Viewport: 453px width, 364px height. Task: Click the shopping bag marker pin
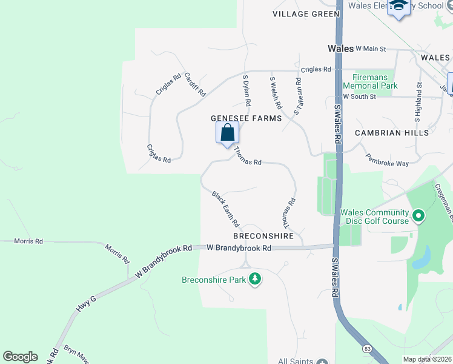[227, 132]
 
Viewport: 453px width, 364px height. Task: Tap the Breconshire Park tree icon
[256, 279]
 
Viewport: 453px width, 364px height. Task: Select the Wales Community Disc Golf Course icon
[418, 215]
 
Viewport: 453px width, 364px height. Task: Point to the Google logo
[20, 357]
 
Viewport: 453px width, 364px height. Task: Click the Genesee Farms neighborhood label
[246, 118]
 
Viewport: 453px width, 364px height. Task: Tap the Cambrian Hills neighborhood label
[392, 133]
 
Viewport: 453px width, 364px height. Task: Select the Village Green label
[306, 14]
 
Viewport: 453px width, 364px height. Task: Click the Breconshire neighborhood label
[263, 235]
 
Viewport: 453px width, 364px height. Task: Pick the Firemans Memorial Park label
[370, 82]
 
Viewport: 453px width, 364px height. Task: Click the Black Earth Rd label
[225, 209]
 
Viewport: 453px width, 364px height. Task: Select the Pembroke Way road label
[387, 160]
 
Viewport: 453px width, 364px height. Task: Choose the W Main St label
[371, 48]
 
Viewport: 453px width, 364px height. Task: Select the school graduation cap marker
[398, 8]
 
